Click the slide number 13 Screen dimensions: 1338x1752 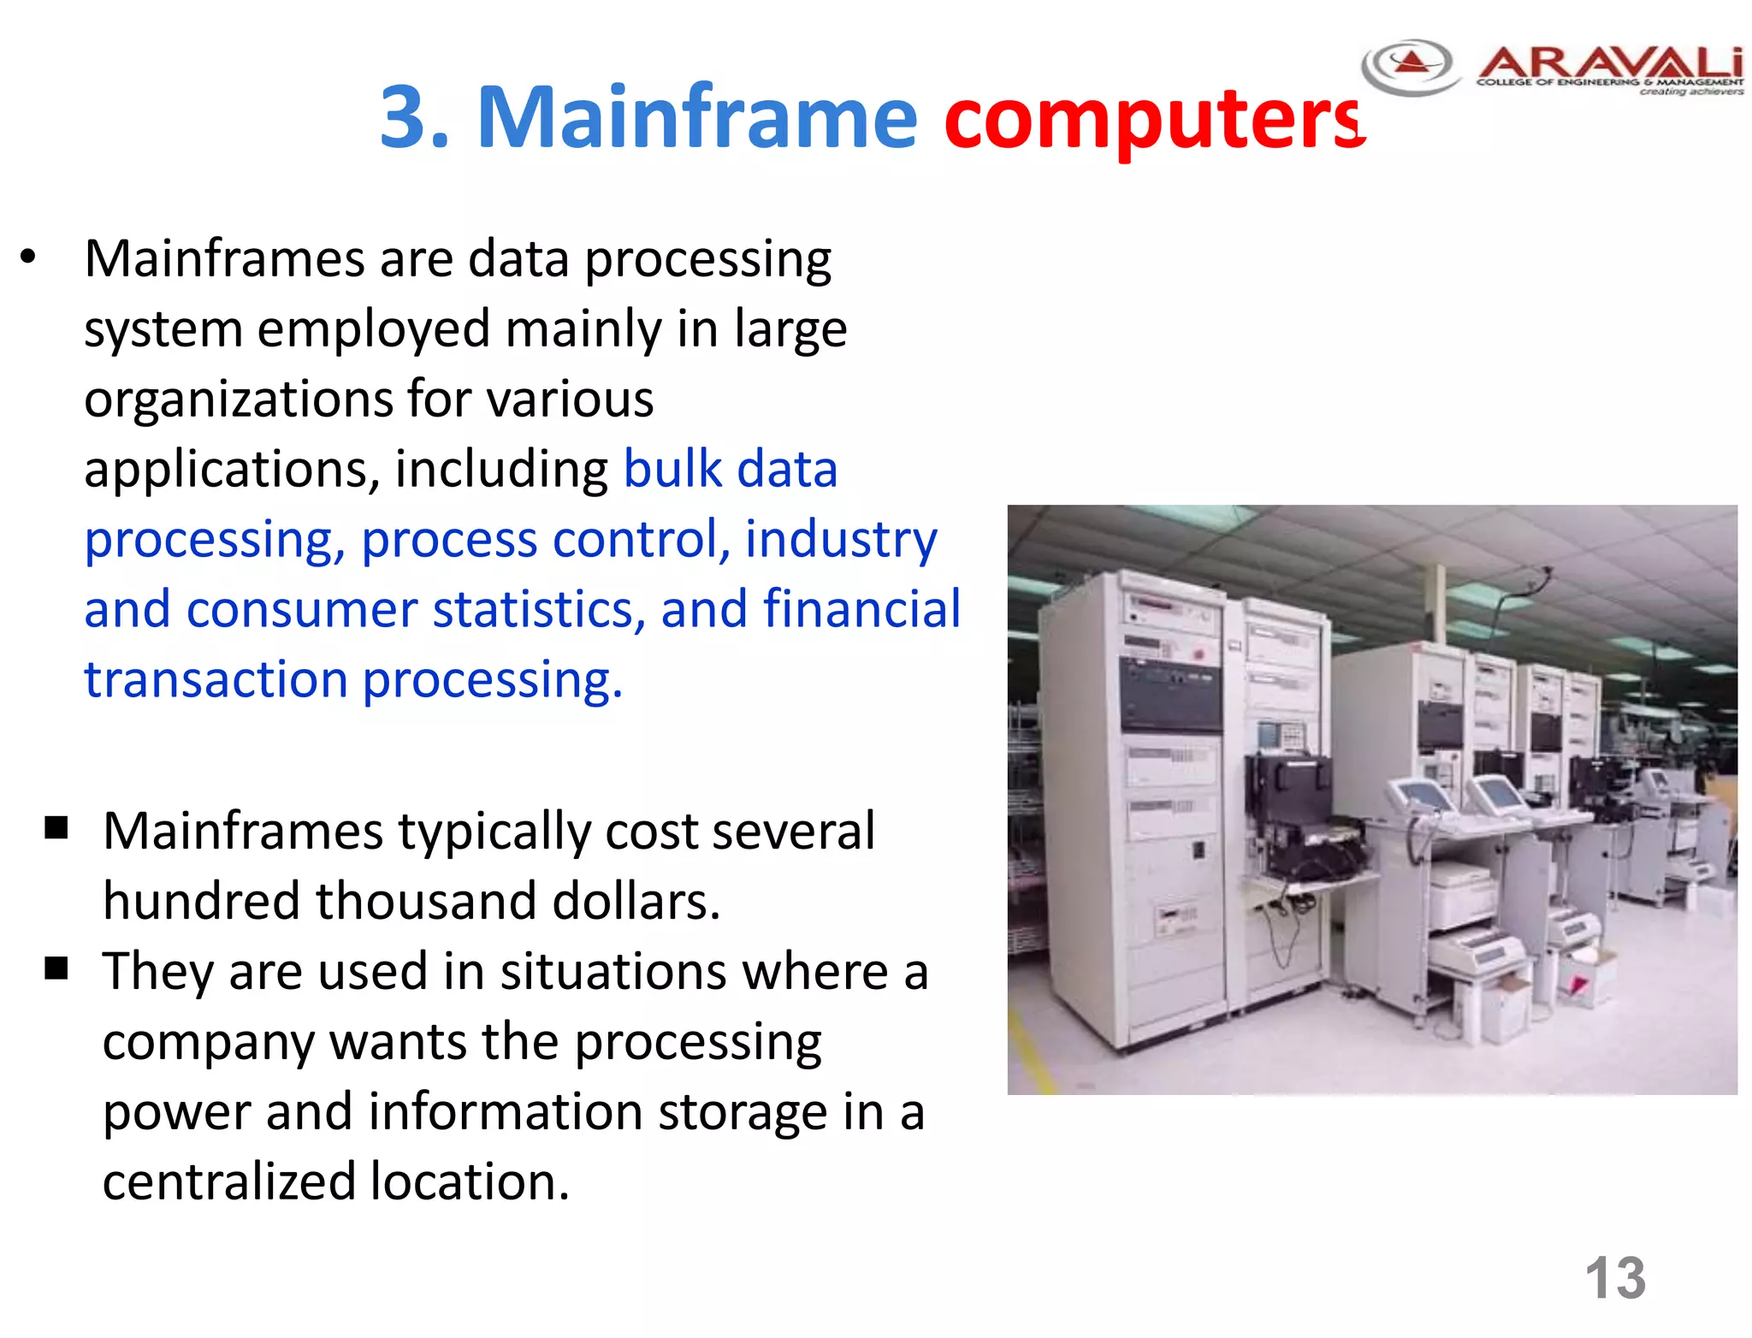(1614, 1278)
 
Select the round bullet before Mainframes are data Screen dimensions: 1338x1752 (28, 257)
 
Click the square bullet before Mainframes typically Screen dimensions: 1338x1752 (56, 827)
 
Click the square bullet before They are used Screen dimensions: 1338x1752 (56, 968)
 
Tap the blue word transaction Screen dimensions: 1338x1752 (216, 679)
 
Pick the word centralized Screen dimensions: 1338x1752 (228, 1182)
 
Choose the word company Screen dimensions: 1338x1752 (209, 1043)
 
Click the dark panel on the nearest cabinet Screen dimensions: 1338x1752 (1170, 694)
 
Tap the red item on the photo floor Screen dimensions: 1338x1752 (1576, 986)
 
